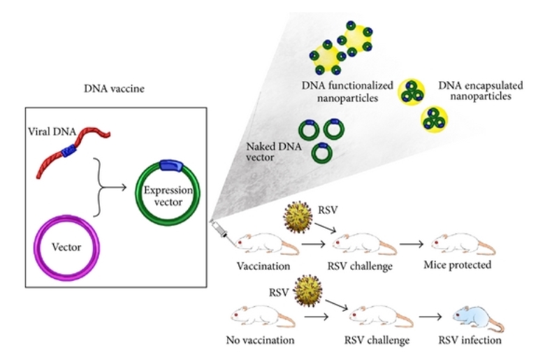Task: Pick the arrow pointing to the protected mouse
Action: click(x=413, y=245)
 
